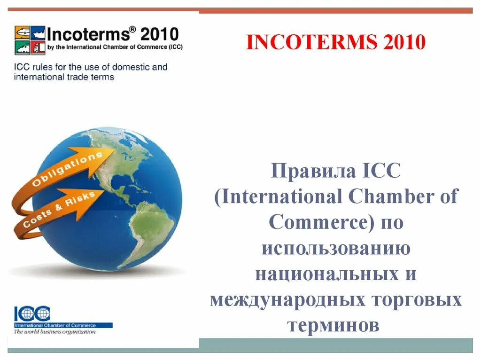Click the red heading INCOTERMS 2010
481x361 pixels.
[x=336, y=43]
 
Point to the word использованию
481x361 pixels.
[x=336, y=248]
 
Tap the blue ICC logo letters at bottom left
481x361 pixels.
[x=32, y=314]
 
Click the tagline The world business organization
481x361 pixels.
[x=55, y=331]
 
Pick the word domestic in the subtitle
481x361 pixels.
[x=127, y=67]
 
